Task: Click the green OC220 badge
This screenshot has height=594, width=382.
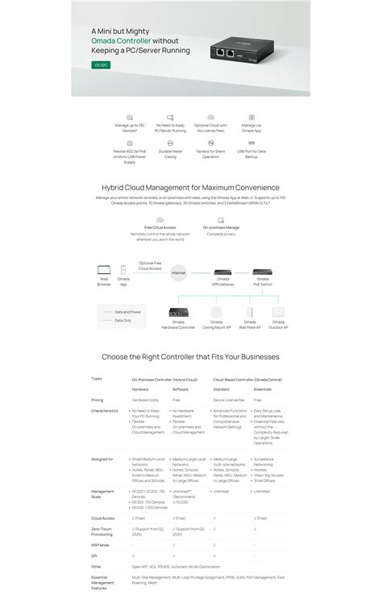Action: (101, 64)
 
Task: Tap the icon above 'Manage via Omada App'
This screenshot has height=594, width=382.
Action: (251, 118)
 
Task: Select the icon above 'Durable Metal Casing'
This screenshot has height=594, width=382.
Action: (171, 143)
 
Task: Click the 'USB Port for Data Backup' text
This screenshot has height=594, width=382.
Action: (251, 154)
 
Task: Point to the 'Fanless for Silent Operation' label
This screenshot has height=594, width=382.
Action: (210, 154)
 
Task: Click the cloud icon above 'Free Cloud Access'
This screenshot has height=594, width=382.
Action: (160, 219)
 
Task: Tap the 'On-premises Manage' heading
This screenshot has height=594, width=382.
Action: (221, 228)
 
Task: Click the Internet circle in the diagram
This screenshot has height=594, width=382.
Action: (179, 273)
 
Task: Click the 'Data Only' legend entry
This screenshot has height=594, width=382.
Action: (122, 320)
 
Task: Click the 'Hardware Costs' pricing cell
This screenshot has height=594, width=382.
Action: (146, 400)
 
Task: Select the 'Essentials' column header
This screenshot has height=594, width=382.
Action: (263, 388)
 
